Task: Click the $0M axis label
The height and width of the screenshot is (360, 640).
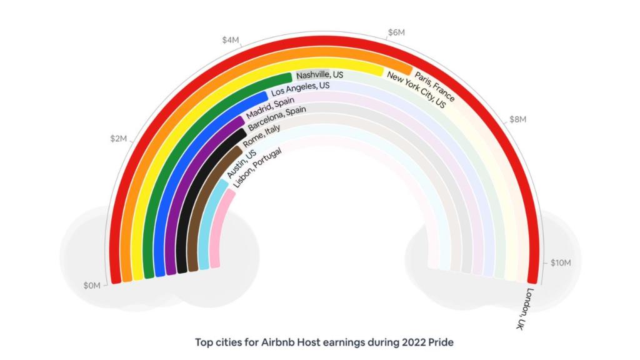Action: (x=92, y=286)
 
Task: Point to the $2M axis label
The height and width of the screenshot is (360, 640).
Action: (x=118, y=138)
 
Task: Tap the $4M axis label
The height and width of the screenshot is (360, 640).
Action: (x=231, y=40)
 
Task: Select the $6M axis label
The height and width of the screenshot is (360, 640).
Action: (x=396, y=32)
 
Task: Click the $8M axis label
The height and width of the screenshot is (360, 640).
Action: (x=518, y=119)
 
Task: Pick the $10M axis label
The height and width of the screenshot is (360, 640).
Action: (x=560, y=263)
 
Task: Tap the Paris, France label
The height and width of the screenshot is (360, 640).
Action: (x=435, y=86)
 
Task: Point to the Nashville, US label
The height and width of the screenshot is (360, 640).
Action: (x=320, y=75)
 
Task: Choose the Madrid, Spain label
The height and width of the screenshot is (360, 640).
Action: (x=269, y=107)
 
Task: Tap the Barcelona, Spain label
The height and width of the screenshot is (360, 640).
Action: (x=275, y=119)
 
